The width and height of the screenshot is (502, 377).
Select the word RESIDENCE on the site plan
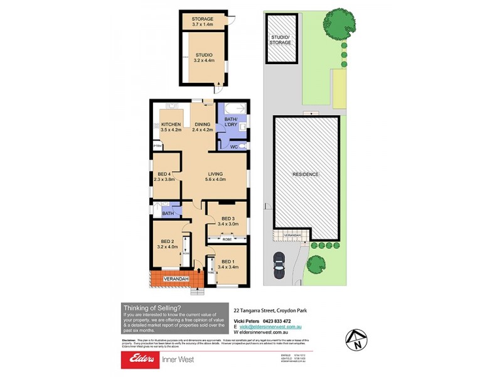coord(306,174)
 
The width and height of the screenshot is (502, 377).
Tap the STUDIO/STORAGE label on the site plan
coord(280,40)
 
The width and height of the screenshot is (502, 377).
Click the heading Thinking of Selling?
coord(152,307)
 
